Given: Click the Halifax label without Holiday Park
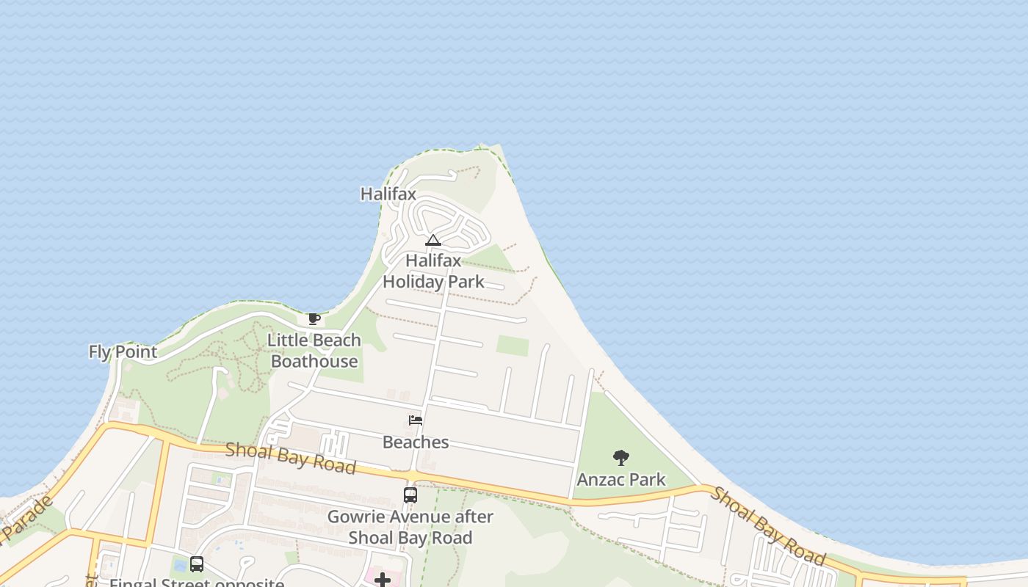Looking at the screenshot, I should tap(388, 194).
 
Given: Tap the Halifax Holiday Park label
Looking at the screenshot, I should tap(433, 271).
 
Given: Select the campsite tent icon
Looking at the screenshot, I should tap(433, 240).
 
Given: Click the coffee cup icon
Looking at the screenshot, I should tap(314, 318).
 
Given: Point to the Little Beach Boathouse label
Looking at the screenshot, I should tap(314, 351).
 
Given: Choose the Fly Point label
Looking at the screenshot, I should tap(123, 352).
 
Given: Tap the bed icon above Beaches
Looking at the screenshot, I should tap(416, 420).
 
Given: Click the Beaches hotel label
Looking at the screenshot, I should tap(416, 442).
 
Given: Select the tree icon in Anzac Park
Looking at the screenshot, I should tap(621, 458).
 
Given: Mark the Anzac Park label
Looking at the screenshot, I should tap(621, 480).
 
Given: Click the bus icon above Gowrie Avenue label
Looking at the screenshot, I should tap(410, 495).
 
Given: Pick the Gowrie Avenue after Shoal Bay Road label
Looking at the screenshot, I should tap(410, 527).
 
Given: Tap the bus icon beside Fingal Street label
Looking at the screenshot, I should tap(197, 564).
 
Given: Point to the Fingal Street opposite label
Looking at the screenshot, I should tap(197, 583).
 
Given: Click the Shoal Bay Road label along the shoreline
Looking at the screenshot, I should tap(768, 525).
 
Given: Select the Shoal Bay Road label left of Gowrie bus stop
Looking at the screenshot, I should tap(291, 458).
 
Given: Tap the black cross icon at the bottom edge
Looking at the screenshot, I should tap(382, 580).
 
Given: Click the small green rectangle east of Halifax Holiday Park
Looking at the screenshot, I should tap(512, 346).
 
